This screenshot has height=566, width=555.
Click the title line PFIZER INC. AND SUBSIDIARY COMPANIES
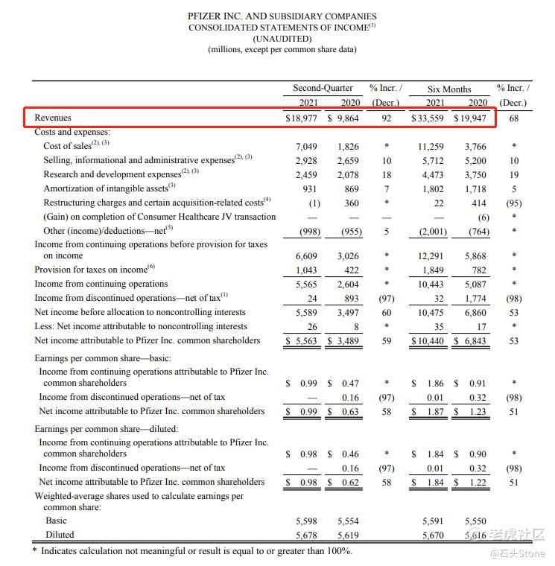(282, 16)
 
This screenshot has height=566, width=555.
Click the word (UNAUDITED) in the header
(282, 38)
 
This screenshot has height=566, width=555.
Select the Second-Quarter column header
(323, 88)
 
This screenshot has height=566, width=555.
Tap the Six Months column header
(448, 89)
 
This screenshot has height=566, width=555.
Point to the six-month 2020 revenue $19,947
(470, 118)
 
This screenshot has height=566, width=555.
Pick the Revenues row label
(53, 118)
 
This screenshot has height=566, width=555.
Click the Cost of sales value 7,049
(307, 146)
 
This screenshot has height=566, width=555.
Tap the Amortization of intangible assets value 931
(310, 188)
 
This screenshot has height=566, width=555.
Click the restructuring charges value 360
(350, 203)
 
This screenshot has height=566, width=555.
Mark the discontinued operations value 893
(350, 298)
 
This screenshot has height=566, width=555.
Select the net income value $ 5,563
(302, 340)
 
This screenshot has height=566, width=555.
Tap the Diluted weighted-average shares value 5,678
(307, 534)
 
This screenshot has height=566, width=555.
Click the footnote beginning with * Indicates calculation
(191, 550)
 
